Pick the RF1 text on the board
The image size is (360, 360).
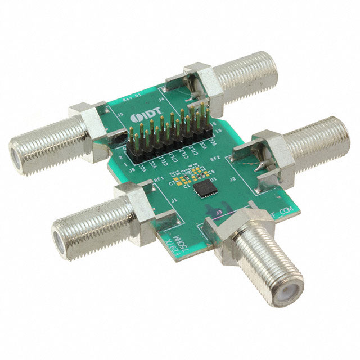tap(159, 179)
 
